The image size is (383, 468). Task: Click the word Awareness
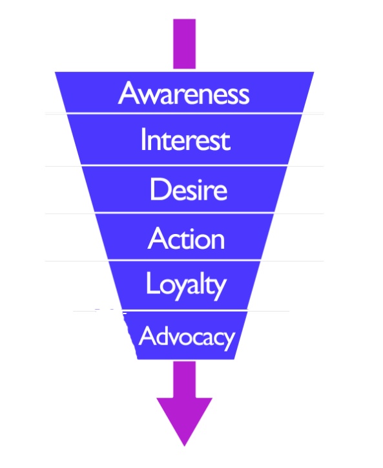pyautogui.click(x=183, y=93)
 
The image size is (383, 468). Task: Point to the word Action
pyautogui.click(x=186, y=238)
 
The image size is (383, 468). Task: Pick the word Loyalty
pyautogui.click(x=186, y=285)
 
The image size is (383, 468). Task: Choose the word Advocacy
pyautogui.click(x=187, y=337)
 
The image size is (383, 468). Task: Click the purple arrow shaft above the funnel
pyautogui.click(x=184, y=44)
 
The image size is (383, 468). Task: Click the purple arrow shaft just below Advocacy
pyautogui.click(x=184, y=379)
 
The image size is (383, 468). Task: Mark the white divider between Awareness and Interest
pyautogui.click(x=184, y=114)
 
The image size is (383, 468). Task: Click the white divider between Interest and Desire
pyautogui.click(x=184, y=165)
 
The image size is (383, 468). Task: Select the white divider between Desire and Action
pyautogui.click(x=184, y=213)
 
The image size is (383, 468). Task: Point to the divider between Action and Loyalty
pyautogui.click(x=184, y=261)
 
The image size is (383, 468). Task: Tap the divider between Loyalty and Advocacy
pyautogui.click(x=185, y=311)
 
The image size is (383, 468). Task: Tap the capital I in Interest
pyautogui.click(x=143, y=139)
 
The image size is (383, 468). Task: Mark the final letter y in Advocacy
pyautogui.click(x=229, y=340)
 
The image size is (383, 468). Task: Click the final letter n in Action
pyautogui.click(x=218, y=241)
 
